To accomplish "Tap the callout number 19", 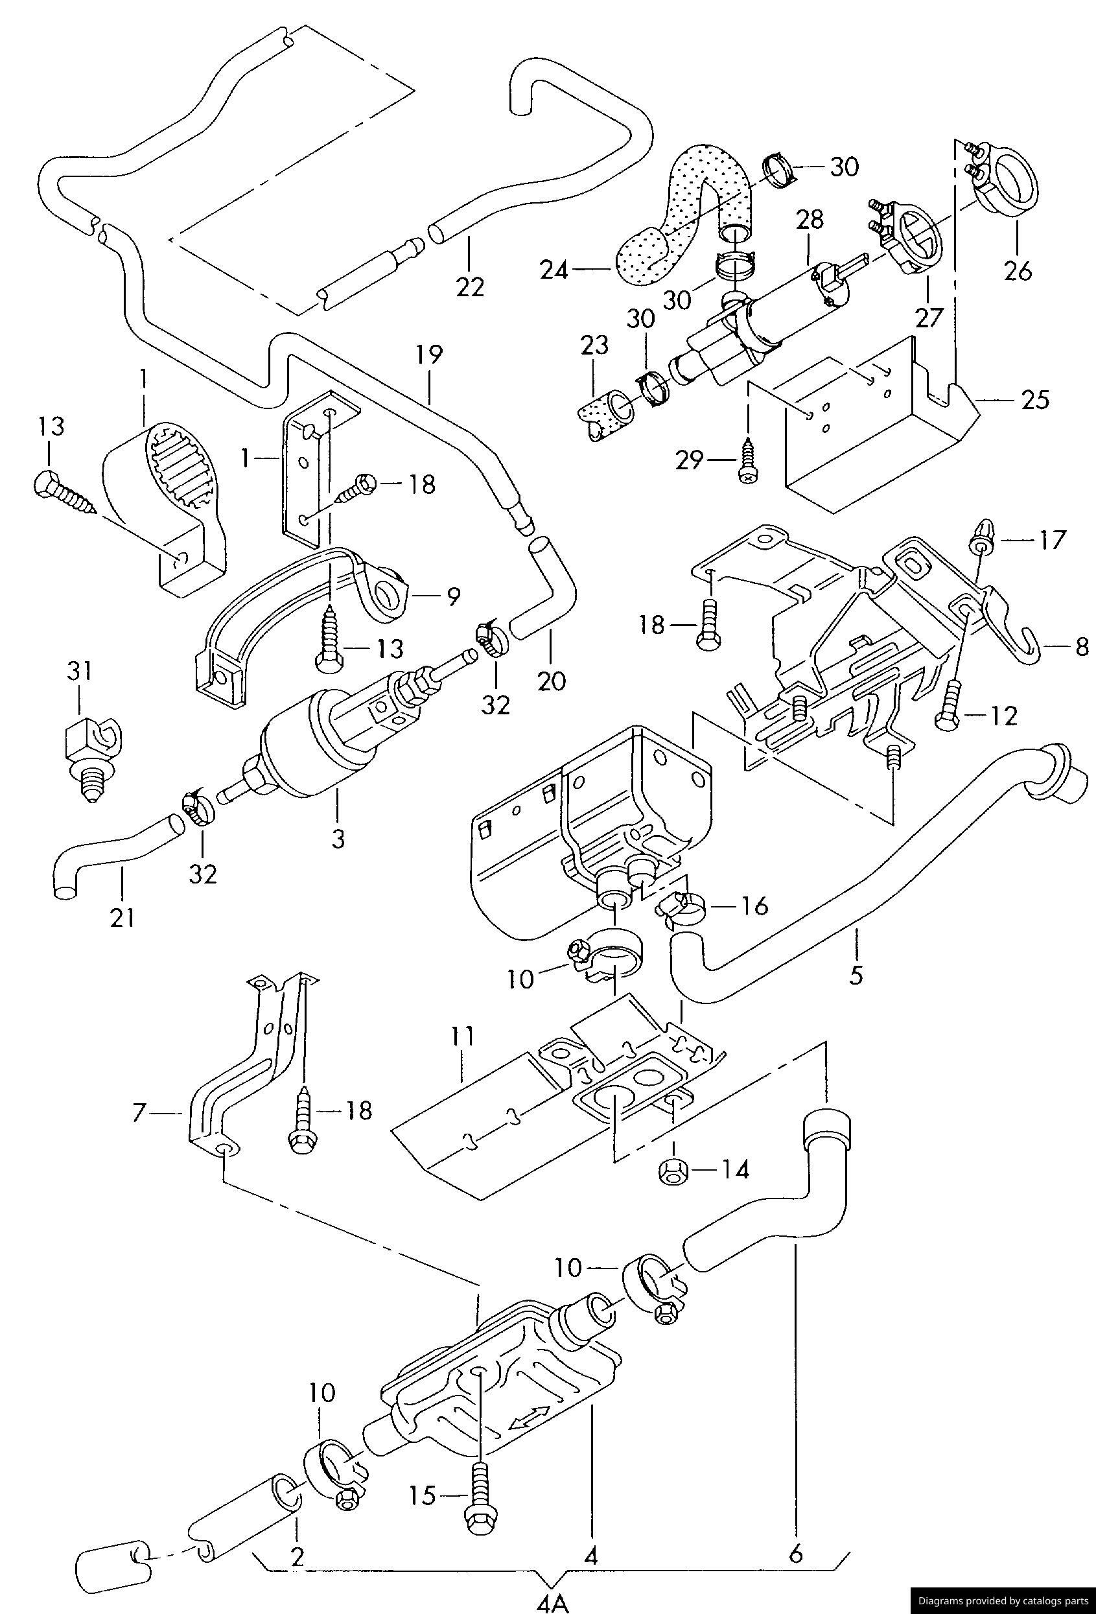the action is (x=429, y=356).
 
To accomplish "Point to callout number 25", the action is (x=1036, y=400).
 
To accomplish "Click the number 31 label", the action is (x=80, y=672).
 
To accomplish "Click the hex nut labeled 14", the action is (x=670, y=1171).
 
